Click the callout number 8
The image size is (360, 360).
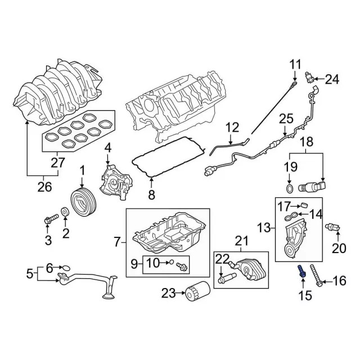tap(151, 196)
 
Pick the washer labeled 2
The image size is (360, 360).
tap(65, 212)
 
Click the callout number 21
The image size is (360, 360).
tap(241, 241)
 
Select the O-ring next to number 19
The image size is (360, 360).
tap(289, 187)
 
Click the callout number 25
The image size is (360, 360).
tap(286, 119)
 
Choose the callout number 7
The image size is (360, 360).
tap(117, 242)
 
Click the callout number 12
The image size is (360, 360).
tap(232, 128)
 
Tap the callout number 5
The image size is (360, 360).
tap(29, 275)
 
